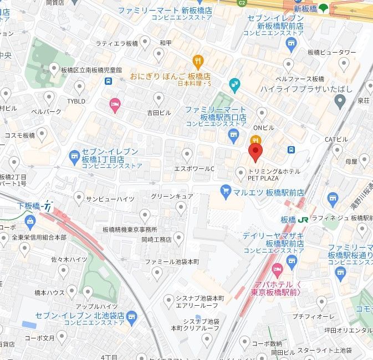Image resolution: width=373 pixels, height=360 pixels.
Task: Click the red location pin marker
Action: click(254, 152)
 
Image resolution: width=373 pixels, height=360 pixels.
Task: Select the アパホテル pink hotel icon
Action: click(278, 270)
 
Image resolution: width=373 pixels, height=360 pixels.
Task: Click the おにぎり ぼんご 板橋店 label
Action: click(170, 76)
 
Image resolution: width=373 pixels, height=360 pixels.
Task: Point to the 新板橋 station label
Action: click(305, 9)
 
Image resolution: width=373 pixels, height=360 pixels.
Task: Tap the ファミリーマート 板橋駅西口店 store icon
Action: click(234, 133)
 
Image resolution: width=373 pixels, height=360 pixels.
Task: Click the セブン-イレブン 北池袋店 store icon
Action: click(131, 316)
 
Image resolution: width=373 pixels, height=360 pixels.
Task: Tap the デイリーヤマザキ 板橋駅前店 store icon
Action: click(292, 260)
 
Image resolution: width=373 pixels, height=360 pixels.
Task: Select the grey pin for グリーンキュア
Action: click(180, 207)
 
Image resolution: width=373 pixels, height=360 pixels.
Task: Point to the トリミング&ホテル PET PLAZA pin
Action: click(241, 173)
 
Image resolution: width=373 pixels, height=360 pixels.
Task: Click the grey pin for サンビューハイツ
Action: click(79, 197)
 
